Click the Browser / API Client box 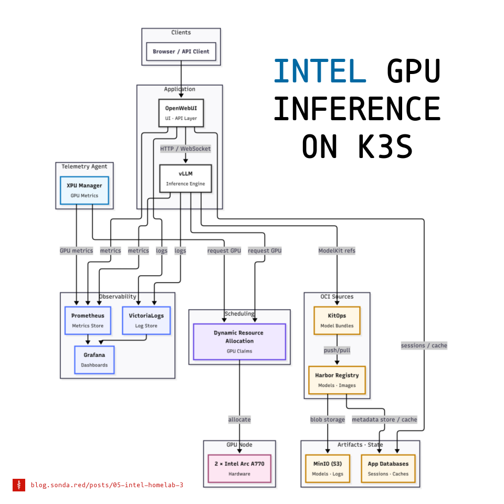tap(181, 51)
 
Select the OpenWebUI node tap(181, 113)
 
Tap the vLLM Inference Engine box tap(185, 178)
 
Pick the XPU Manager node tap(84, 190)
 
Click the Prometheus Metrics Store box tap(88, 320)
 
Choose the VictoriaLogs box tap(146, 320)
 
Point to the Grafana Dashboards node tap(94, 360)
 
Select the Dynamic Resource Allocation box tap(239, 341)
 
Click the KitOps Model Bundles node tap(337, 320)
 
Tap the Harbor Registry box tap(337, 380)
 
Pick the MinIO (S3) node tap(328, 468)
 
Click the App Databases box tap(388, 468)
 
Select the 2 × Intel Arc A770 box tap(239, 468)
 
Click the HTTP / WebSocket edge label tap(185, 149)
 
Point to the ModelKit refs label tap(337, 250)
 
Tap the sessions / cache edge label tap(424, 345)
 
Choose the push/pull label tap(337, 350)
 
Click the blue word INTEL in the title tap(320, 71)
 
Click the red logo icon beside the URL tap(19, 485)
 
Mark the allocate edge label tap(239, 419)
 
